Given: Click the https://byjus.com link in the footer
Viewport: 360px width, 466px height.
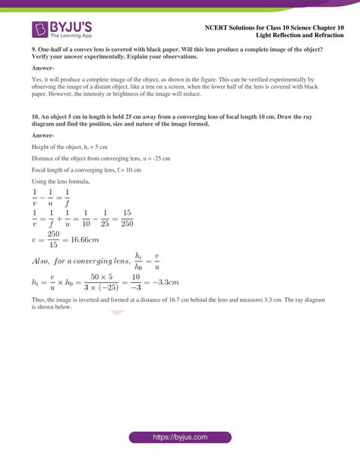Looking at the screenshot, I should (x=179, y=439).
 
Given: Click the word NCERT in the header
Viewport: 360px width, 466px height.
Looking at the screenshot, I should (x=226, y=27).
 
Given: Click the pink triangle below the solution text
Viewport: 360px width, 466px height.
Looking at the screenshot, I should (x=117, y=312).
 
